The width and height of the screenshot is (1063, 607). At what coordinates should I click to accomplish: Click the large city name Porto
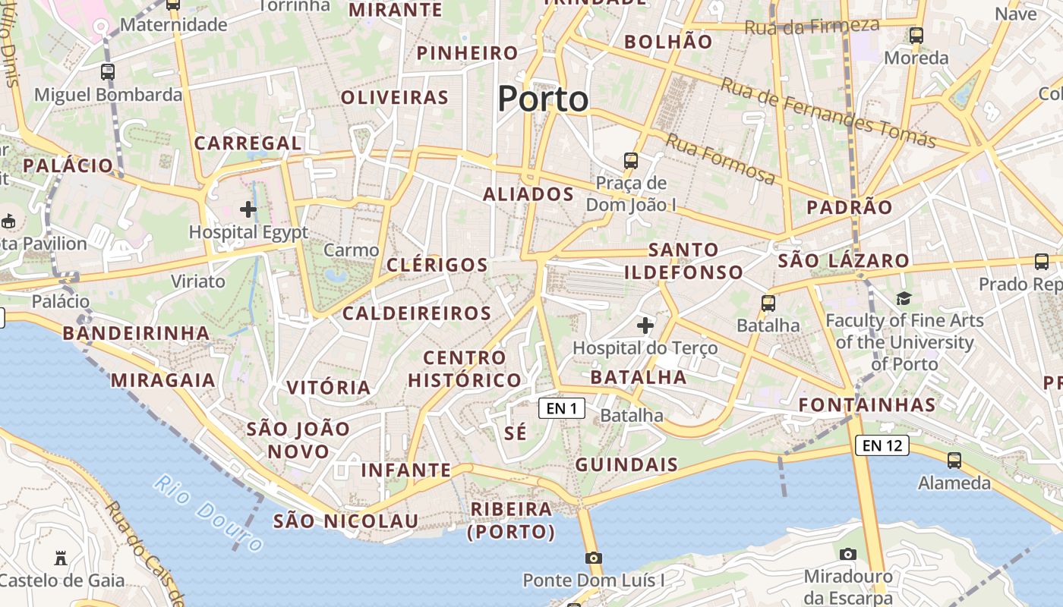click(543, 99)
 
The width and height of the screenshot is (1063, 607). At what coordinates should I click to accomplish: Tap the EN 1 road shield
click(562, 408)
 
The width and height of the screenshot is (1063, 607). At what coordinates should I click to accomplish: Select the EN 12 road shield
click(882, 445)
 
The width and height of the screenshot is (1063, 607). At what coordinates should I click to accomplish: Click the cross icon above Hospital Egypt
click(248, 209)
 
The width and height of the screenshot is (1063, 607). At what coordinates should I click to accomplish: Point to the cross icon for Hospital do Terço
click(645, 326)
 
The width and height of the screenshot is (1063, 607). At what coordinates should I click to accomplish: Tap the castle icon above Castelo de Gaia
click(61, 558)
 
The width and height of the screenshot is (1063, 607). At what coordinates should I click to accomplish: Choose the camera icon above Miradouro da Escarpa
click(848, 554)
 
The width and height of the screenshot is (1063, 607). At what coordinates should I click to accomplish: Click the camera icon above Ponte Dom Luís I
click(594, 558)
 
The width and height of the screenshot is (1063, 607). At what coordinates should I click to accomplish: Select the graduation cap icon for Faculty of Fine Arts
click(904, 298)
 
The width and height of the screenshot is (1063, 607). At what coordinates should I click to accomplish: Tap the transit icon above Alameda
click(954, 460)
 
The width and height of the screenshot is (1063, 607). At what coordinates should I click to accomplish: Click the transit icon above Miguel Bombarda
click(108, 72)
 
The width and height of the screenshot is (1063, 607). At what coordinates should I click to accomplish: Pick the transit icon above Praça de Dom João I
click(631, 160)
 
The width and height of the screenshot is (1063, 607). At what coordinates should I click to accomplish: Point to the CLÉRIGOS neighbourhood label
click(437, 265)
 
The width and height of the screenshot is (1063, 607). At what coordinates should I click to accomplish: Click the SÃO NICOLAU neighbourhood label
click(345, 521)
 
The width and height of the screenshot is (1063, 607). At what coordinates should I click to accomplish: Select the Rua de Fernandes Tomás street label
click(828, 112)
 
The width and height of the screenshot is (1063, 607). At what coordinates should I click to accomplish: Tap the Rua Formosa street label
click(720, 159)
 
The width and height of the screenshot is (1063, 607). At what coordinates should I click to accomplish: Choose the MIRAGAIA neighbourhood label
click(163, 380)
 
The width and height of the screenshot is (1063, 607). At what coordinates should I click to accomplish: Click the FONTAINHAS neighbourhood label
click(866, 404)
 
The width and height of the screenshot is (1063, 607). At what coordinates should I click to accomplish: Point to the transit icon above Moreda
click(916, 35)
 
